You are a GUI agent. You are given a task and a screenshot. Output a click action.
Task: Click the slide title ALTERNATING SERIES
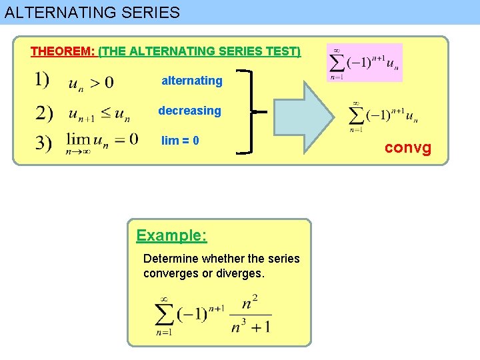92,12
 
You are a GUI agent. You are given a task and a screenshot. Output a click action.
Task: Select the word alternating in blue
192,81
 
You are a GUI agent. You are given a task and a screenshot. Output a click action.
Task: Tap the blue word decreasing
189,111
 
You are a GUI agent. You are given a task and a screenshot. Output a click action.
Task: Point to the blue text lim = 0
180,141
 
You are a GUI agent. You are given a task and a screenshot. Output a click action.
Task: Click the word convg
408,147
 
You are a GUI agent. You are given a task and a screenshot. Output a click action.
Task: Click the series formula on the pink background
365,63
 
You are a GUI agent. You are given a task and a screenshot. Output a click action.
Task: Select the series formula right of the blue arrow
384,114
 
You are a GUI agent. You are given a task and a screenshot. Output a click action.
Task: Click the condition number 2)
44,113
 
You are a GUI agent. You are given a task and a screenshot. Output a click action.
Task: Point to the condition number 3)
44,143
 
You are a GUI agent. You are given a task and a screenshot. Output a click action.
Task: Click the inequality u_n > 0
91,83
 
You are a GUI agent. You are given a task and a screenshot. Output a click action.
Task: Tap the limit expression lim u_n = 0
101,141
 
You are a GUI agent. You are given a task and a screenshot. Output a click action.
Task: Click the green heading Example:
171,235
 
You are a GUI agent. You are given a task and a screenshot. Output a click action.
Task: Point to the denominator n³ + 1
251,327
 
